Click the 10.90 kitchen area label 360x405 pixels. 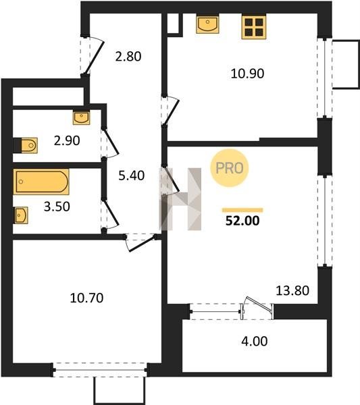[x=247, y=74]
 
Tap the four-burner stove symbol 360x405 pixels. [x=254, y=27]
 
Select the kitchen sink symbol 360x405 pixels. [x=207, y=24]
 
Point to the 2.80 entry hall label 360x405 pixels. [x=128, y=57]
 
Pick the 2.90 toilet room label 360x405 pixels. [x=67, y=141]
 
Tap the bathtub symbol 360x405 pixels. [x=41, y=182]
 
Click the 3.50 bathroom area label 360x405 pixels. [x=57, y=207]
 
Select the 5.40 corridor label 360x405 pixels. [x=131, y=175]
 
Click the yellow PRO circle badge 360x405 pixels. [x=229, y=168]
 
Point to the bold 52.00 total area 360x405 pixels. [x=242, y=221]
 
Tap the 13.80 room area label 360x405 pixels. [x=292, y=290]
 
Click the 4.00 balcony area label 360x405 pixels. [x=255, y=341]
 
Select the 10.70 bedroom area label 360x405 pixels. [x=86, y=298]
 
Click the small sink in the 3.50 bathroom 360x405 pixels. [x=21, y=215]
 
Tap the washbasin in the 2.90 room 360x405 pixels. [x=82, y=118]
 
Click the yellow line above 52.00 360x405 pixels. [x=242, y=210]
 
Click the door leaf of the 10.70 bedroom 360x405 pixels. [x=142, y=243]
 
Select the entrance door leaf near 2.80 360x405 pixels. [x=95, y=58]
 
